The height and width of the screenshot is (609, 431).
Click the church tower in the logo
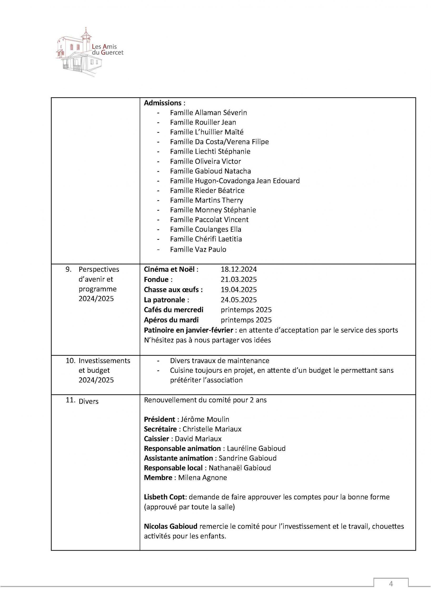(x=86, y=40)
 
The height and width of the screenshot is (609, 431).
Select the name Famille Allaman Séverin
(x=208, y=113)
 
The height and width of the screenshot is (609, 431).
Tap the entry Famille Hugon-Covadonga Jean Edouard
(x=235, y=181)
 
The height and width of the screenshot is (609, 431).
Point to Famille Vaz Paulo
(x=198, y=249)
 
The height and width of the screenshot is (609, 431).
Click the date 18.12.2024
(x=239, y=270)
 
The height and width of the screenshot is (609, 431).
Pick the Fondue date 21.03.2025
(x=239, y=280)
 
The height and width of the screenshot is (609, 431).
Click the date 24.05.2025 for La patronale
(x=239, y=300)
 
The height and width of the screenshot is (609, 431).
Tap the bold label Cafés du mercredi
(x=173, y=310)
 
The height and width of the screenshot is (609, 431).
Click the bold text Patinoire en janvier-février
(x=188, y=330)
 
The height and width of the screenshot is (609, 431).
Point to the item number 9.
(x=69, y=270)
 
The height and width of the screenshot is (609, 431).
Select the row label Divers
(x=88, y=401)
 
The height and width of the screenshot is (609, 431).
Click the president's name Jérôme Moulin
(x=205, y=419)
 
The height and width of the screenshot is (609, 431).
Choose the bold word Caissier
(x=156, y=439)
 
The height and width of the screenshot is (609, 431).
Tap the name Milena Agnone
(x=202, y=478)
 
